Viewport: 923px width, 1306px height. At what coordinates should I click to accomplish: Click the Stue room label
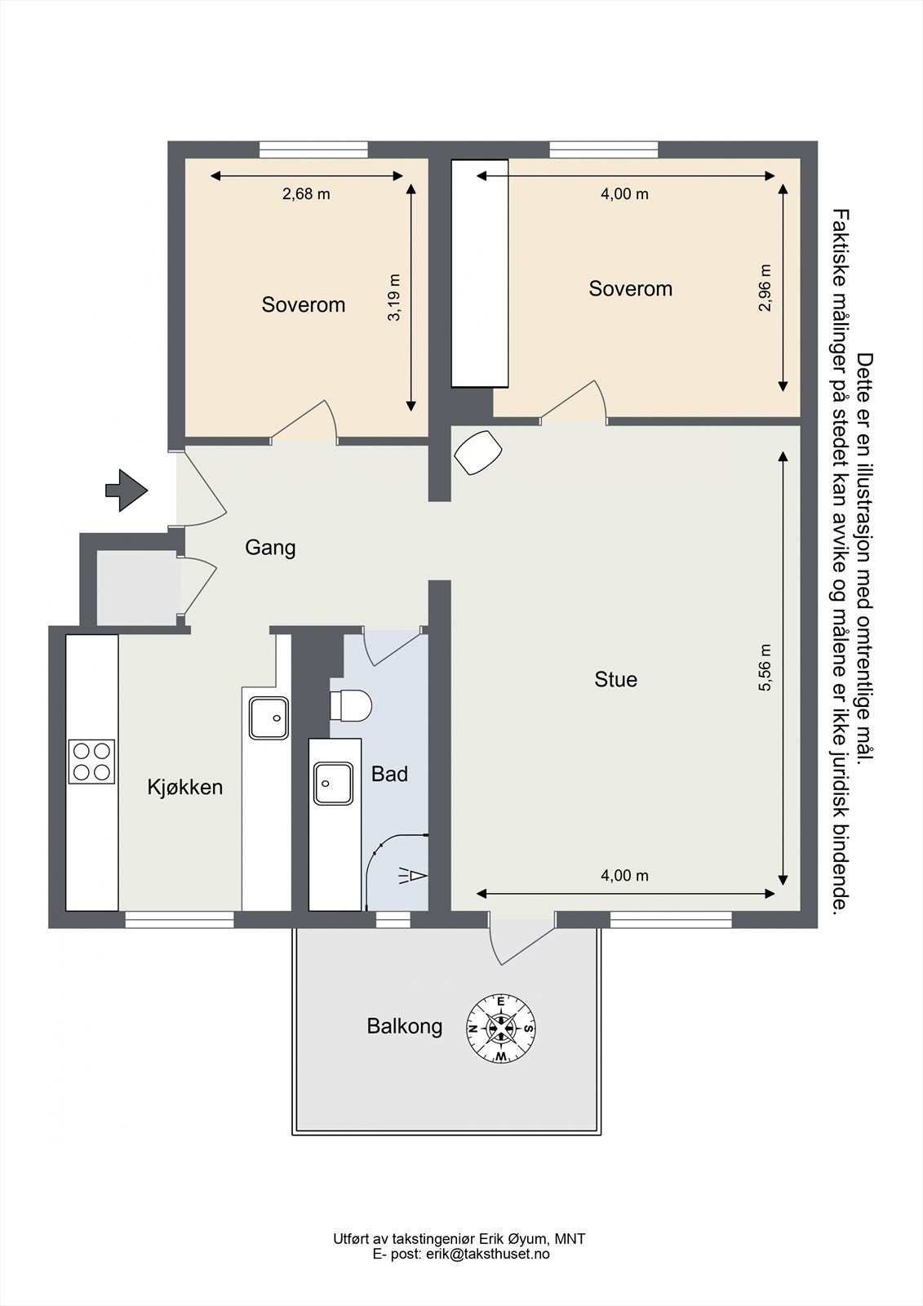615,679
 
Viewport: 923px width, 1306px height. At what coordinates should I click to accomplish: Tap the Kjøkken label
184,788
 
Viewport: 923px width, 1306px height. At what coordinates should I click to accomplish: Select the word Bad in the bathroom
389,775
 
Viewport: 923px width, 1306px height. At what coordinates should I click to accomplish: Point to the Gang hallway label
270,548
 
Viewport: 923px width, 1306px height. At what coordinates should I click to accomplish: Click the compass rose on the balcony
501,1045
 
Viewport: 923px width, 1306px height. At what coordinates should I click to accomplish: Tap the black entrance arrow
126,491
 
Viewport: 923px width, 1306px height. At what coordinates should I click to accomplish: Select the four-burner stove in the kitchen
91,762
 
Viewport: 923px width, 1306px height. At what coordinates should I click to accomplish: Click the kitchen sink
268,718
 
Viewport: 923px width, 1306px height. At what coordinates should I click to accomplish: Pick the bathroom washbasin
334,784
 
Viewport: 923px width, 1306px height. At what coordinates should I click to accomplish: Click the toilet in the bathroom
350,705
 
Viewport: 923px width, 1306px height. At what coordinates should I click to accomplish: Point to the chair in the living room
478,452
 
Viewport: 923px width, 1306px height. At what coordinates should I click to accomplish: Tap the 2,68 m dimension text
306,194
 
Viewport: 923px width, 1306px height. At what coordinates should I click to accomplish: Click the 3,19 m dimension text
395,297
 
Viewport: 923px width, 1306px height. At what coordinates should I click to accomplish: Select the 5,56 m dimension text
765,668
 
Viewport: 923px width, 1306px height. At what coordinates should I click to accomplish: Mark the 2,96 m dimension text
765,288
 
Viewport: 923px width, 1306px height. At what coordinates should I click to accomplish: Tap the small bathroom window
393,919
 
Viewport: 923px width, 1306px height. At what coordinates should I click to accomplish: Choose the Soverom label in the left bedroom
304,304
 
